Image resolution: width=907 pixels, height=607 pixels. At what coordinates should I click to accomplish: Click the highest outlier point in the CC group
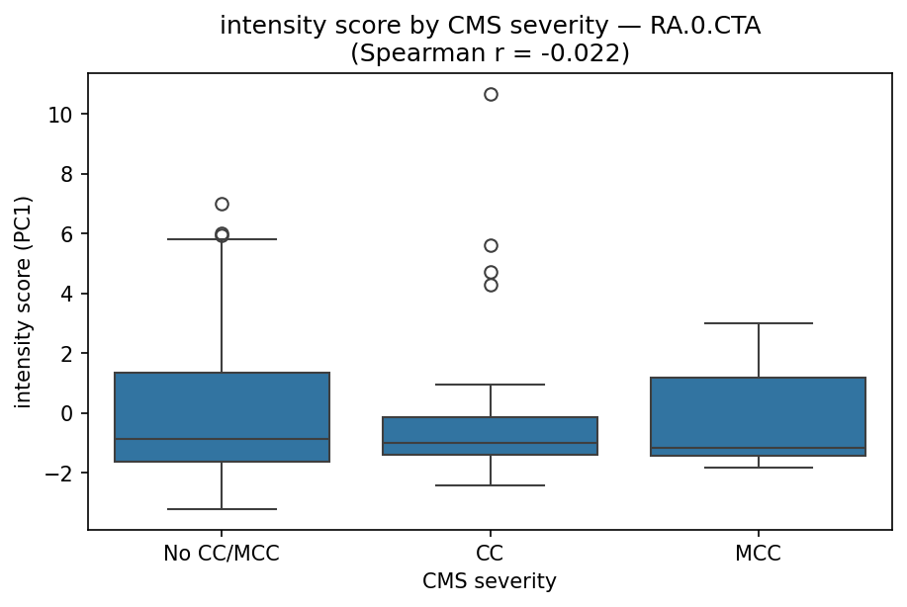click(491, 94)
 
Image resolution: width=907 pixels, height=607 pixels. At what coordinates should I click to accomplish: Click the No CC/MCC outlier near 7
click(222, 204)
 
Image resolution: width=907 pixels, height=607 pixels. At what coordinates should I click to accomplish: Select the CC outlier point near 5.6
click(491, 245)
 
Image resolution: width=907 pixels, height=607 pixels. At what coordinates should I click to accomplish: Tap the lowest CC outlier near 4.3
click(491, 285)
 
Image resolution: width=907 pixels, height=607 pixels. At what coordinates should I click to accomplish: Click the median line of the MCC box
click(759, 448)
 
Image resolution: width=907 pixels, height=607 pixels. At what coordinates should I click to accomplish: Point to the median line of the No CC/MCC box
click(222, 439)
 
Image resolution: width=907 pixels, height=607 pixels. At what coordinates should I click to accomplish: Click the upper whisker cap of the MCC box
click(759, 323)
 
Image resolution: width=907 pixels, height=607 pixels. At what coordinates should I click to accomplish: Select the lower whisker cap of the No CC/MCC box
click(222, 509)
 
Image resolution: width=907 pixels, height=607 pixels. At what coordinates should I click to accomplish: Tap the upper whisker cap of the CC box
click(491, 385)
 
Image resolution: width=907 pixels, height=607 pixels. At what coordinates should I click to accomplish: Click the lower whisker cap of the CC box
click(491, 485)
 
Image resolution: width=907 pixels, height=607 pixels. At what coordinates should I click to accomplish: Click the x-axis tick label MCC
click(759, 554)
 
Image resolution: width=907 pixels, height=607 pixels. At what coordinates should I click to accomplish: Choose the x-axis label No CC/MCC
click(222, 554)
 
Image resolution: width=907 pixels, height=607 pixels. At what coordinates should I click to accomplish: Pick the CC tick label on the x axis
click(491, 554)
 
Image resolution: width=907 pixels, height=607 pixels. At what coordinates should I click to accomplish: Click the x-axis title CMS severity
click(490, 581)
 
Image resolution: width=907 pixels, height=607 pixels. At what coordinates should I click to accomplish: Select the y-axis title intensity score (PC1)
click(23, 302)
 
